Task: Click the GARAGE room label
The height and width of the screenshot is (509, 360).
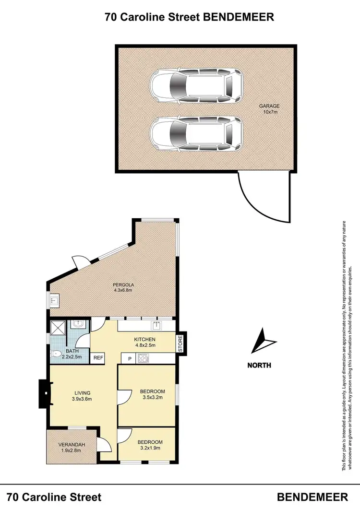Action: click(x=269, y=106)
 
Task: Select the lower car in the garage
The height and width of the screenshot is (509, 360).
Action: click(x=196, y=135)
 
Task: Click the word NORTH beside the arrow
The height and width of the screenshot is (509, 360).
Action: click(x=259, y=365)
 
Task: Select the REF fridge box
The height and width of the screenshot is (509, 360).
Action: click(x=98, y=357)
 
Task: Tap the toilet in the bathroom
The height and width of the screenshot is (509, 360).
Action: click(x=57, y=355)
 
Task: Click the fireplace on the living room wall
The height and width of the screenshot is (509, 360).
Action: click(x=44, y=393)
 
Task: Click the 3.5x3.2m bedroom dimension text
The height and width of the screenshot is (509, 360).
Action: click(x=153, y=398)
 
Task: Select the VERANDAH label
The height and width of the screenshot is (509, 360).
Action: click(x=71, y=444)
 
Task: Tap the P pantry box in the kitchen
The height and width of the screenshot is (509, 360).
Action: click(x=129, y=358)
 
